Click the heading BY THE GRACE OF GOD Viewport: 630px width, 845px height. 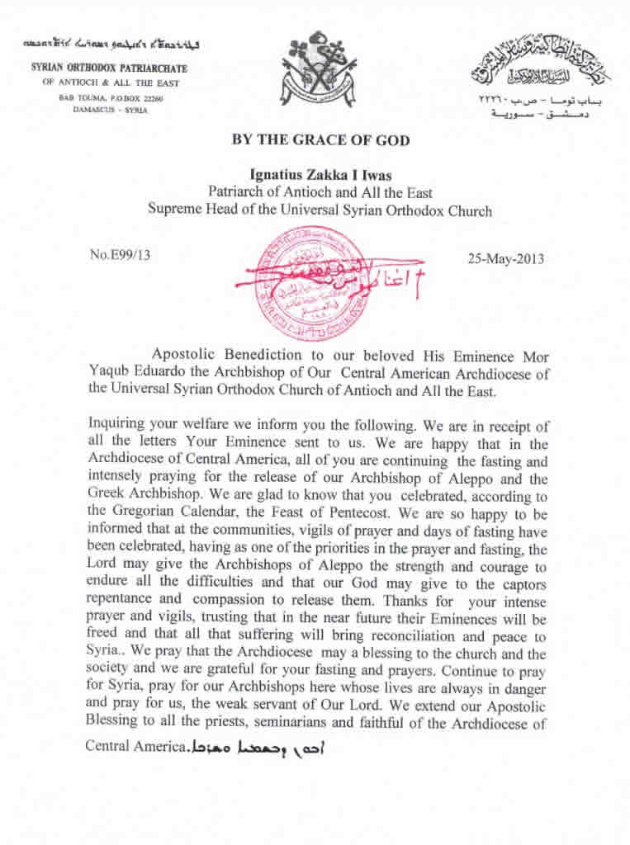tap(321, 140)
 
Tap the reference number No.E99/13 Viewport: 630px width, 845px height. tap(120, 255)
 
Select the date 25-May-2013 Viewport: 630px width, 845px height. tap(505, 258)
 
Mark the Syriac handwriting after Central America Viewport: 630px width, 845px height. tap(256, 748)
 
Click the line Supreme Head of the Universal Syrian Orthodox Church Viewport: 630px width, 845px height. tap(320, 210)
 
